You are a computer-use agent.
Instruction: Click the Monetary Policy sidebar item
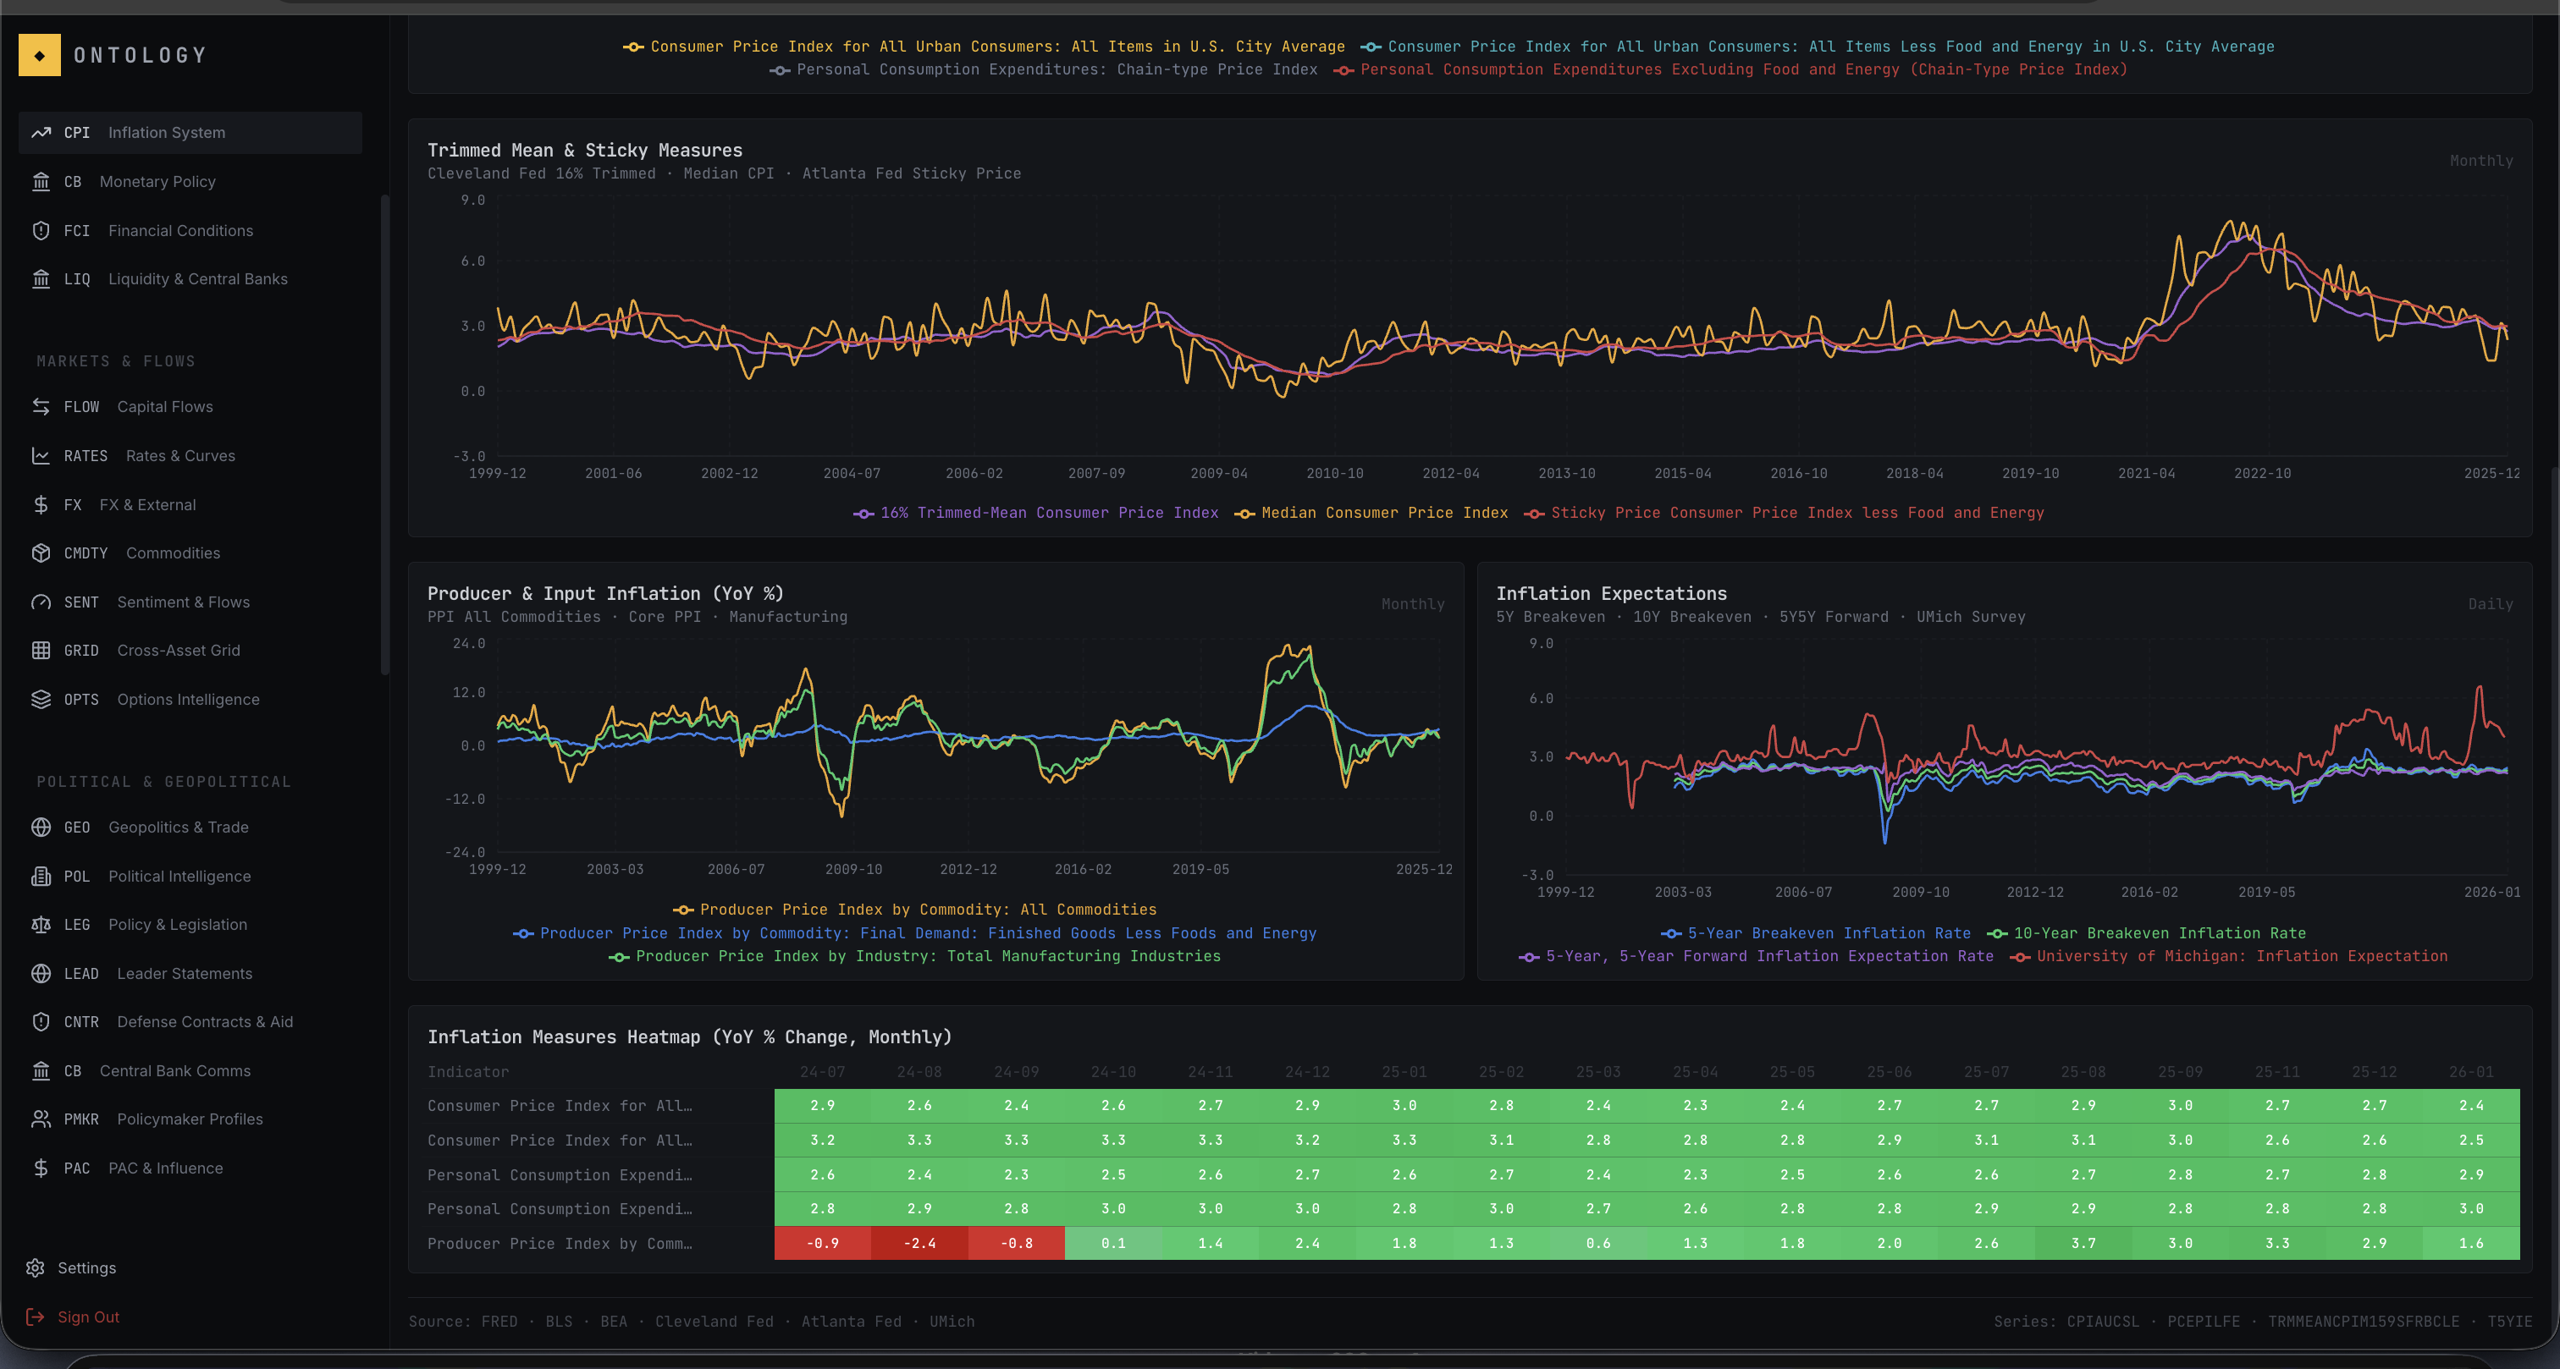(x=157, y=182)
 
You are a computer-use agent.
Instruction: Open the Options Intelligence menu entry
(x=188, y=700)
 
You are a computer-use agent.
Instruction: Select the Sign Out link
(x=87, y=1317)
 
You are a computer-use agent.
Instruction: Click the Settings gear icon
(x=36, y=1267)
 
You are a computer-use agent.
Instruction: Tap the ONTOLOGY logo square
(x=40, y=56)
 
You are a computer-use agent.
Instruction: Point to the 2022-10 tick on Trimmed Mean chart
(x=2262, y=474)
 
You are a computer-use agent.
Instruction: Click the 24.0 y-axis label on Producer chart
(x=469, y=644)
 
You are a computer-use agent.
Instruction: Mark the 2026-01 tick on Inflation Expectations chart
(x=2491, y=892)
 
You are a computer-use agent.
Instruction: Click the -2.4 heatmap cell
(x=919, y=1243)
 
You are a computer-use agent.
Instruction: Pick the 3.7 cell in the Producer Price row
(x=2083, y=1243)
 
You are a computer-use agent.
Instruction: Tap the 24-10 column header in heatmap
(x=1113, y=1072)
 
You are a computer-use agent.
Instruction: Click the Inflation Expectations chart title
(x=1611, y=593)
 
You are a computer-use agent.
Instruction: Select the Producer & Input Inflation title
(x=605, y=593)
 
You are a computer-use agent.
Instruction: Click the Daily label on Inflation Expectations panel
(x=2490, y=604)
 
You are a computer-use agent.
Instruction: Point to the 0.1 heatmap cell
(x=1113, y=1243)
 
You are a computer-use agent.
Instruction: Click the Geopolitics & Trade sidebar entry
(x=178, y=827)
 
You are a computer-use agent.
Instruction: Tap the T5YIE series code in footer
(x=2509, y=1322)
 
